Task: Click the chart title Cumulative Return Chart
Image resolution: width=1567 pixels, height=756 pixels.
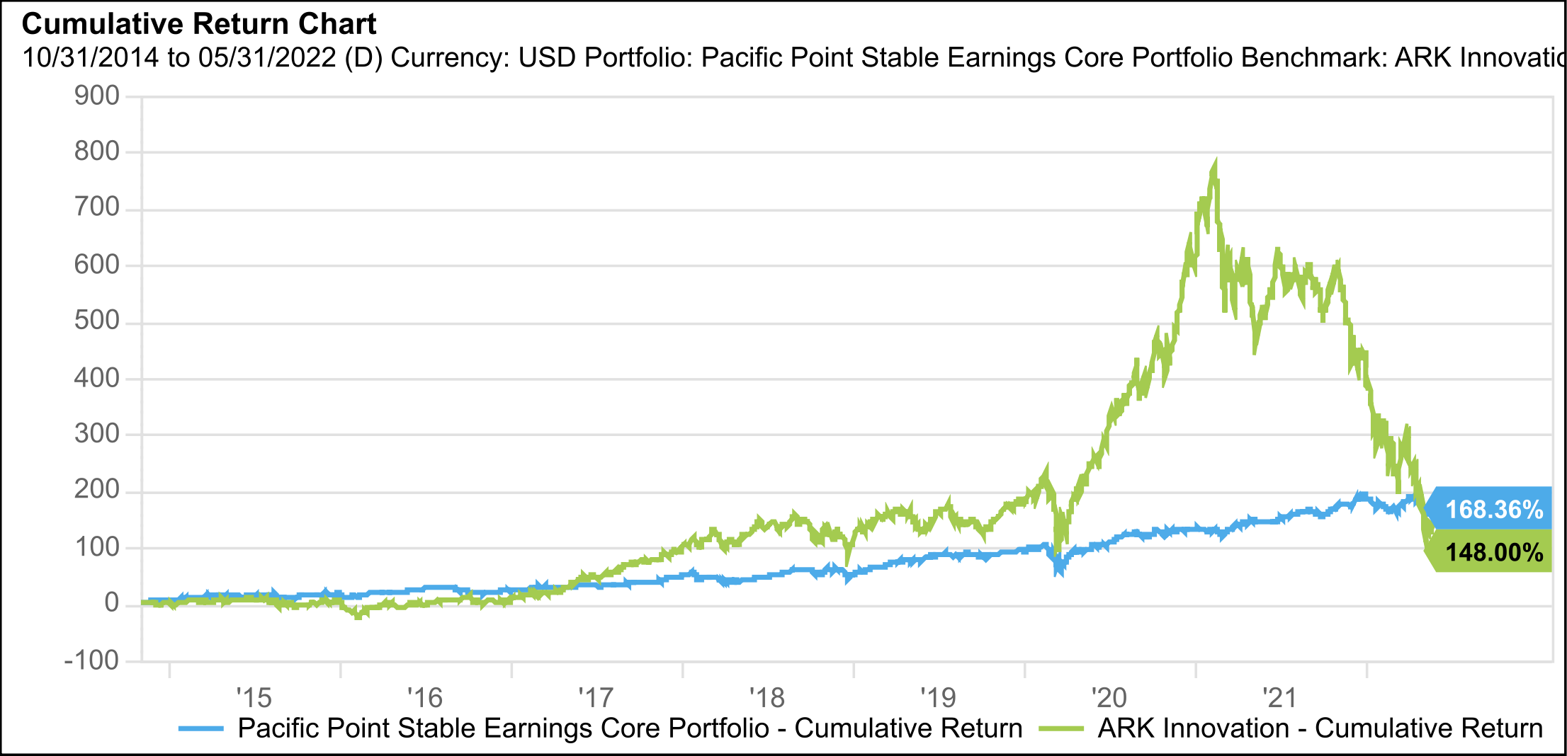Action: [x=199, y=24]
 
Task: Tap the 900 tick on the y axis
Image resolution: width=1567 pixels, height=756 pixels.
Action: [x=97, y=96]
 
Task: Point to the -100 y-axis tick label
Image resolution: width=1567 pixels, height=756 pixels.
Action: [x=91, y=660]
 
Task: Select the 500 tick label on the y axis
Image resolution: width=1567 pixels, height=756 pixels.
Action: [x=97, y=321]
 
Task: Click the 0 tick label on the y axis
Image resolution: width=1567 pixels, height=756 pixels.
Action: [x=111, y=603]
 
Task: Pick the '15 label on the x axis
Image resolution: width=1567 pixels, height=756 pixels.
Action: [x=254, y=698]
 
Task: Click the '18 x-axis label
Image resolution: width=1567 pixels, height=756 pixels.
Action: [x=767, y=698]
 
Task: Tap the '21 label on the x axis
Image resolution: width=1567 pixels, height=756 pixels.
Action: [x=1279, y=698]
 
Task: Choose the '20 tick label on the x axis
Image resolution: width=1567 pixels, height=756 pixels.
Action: [x=1109, y=698]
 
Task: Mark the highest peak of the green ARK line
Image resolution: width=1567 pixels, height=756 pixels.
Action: [x=1215, y=165]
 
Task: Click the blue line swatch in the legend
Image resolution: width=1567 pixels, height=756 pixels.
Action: [x=200, y=728]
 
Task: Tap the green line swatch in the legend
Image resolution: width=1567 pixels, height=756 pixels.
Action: [x=1060, y=728]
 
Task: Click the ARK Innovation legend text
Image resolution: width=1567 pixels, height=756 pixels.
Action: [x=1320, y=728]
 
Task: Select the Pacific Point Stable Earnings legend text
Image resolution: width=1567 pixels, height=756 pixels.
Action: [x=630, y=728]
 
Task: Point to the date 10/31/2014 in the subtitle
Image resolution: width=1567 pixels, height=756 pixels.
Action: [x=91, y=58]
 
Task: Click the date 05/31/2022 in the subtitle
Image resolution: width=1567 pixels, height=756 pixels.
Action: [x=267, y=58]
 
